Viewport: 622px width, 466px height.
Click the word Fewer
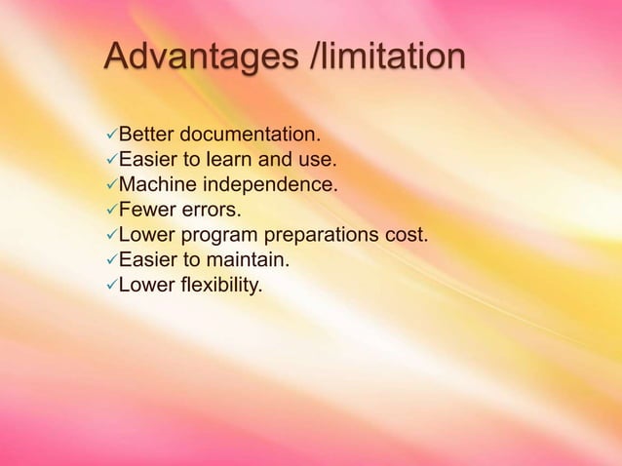144,210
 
